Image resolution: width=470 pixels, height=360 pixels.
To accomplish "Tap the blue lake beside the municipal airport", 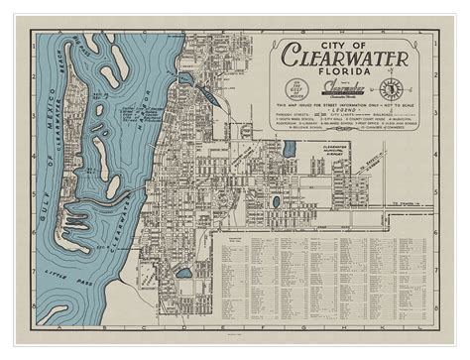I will click(290, 150).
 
